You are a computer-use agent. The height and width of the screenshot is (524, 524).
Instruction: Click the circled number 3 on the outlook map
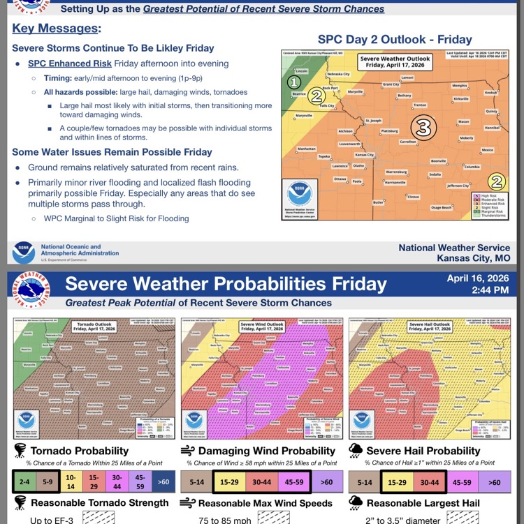422,127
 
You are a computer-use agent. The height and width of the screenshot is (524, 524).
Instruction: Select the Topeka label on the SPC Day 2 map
324,156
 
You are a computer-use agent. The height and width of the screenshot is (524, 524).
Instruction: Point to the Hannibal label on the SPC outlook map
492,128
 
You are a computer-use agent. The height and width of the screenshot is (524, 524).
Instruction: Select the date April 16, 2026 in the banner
479,277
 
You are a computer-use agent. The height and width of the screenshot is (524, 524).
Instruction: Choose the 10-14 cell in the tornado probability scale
71,481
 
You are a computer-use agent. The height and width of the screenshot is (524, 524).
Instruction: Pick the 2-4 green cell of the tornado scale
23,481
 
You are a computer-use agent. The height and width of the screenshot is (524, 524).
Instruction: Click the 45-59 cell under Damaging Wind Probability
293,481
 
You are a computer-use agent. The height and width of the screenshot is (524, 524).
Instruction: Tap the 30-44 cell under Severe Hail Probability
431,481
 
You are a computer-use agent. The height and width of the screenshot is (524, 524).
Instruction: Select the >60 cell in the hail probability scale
494,481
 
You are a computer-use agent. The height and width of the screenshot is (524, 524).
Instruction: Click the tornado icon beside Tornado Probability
19,451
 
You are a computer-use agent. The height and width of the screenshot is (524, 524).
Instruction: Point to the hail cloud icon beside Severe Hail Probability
355,451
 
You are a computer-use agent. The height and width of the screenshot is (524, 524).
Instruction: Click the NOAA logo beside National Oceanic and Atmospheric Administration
24,252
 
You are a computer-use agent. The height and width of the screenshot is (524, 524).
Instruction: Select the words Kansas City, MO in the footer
473,258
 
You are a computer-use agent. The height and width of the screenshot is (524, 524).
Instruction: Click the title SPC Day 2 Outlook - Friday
394,39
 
